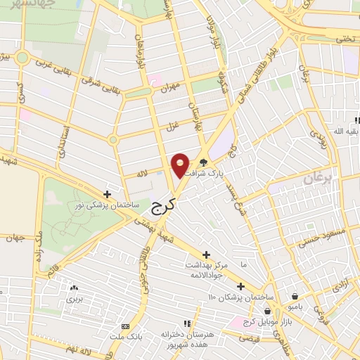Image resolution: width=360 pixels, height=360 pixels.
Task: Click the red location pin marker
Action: pyautogui.click(x=181, y=165)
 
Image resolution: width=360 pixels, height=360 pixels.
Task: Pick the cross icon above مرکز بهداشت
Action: pyautogui.click(x=206, y=255)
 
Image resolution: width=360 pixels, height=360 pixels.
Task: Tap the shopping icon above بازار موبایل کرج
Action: pyautogui.click(x=268, y=311)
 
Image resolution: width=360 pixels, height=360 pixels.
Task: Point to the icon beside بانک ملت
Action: pyautogui.click(x=126, y=326)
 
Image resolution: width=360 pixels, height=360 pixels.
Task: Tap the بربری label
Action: pyautogui.click(x=75, y=297)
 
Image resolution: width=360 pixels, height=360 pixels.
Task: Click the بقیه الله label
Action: pyautogui.click(x=340, y=131)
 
